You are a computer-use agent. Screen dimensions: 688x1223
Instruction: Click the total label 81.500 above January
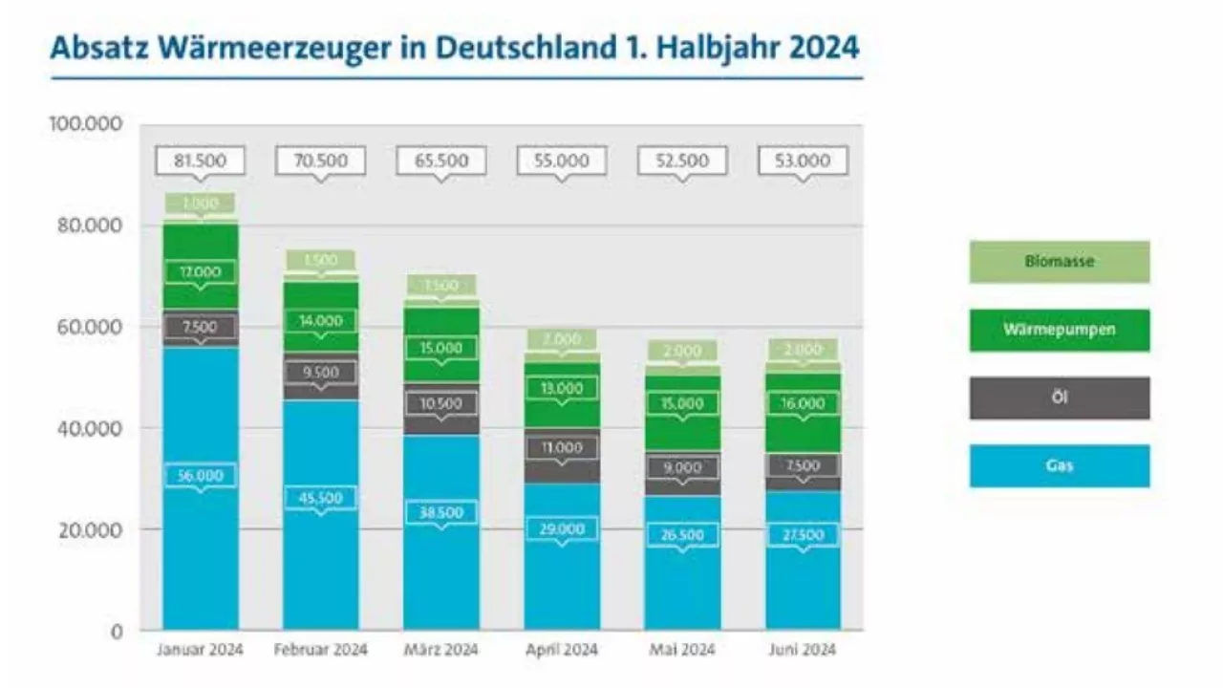click(x=200, y=161)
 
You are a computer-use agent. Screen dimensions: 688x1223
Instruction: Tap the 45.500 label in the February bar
click(x=320, y=498)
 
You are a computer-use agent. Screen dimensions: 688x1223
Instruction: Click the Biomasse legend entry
click(x=1060, y=261)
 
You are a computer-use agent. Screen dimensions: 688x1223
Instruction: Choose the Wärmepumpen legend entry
click(x=1060, y=330)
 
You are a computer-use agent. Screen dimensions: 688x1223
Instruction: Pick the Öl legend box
click(x=1060, y=398)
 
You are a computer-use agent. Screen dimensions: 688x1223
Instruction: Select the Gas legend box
click(x=1060, y=465)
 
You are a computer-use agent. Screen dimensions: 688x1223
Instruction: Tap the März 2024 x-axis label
click(x=440, y=651)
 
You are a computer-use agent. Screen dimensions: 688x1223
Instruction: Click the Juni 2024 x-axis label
click(x=803, y=651)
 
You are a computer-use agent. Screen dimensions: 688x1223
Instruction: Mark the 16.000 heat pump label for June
click(x=803, y=403)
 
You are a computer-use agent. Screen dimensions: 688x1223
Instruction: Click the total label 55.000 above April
click(x=562, y=161)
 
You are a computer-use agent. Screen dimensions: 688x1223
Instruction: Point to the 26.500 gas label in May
click(x=682, y=534)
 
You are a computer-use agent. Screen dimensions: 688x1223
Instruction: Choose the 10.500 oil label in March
click(x=440, y=403)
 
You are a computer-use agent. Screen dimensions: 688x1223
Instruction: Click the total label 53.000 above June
click(x=803, y=161)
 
